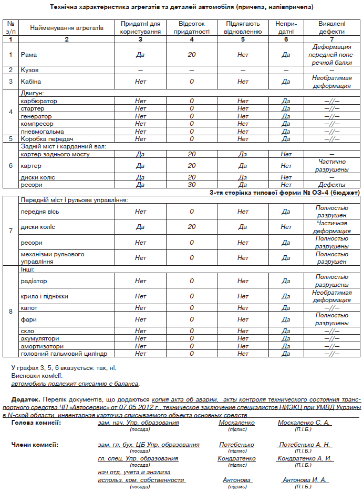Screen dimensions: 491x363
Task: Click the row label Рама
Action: [28, 54]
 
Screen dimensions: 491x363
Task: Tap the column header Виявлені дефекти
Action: [331, 28]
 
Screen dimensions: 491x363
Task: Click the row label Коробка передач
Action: [44, 139]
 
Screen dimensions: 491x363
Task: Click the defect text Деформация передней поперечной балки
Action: [331, 54]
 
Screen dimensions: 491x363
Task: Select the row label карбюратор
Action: [39, 101]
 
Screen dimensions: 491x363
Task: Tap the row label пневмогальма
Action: [42, 132]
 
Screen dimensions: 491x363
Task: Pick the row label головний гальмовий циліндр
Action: [56, 354]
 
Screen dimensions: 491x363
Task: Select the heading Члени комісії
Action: [35, 445]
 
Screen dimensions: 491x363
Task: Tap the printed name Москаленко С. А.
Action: [304, 423]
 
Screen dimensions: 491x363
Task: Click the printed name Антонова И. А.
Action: [304, 480]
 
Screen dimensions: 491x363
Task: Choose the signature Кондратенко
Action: [236, 458]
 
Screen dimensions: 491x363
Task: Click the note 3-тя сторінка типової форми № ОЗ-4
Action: [284, 193]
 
